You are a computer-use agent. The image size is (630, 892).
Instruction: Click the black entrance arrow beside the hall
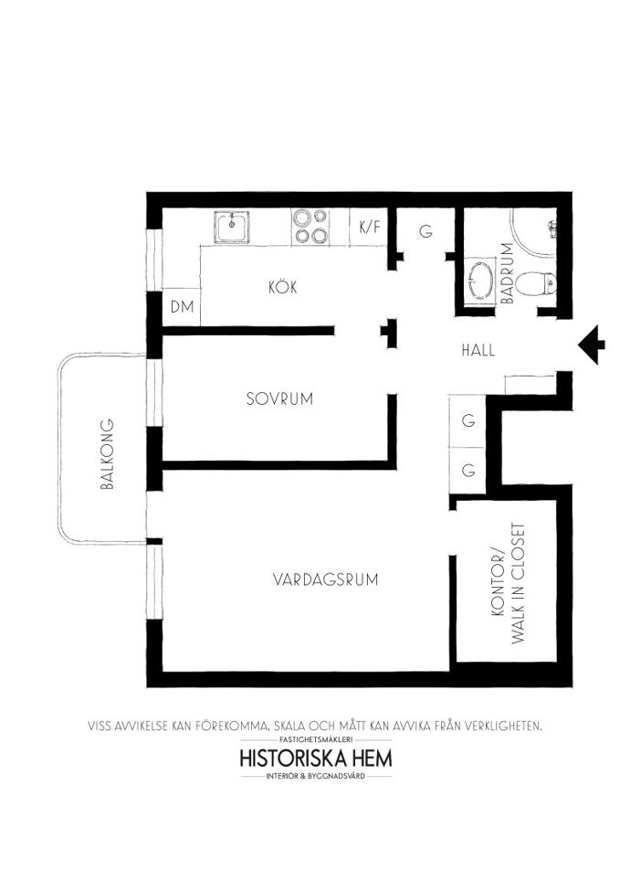click(591, 345)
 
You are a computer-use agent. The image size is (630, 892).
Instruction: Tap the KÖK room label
click(283, 287)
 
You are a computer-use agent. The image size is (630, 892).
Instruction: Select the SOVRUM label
click(279, 398)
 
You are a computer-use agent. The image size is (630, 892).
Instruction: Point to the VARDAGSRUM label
click(326, 579)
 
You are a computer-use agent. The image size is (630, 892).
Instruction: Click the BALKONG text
click(107, 454)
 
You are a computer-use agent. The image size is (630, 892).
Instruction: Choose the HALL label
click(478, 350)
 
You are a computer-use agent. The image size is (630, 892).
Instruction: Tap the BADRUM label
click(508, 273)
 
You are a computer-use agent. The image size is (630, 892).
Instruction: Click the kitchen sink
click(232, 227)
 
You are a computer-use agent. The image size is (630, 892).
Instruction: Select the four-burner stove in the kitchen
click(310, 226)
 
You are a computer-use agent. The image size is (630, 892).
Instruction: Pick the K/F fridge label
click(369, 227)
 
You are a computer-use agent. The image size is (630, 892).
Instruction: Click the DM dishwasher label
click(183, 307)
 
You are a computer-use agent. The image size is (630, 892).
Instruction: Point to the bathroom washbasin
click(480, 280)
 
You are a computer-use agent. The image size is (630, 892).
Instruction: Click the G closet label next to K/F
click(425, 231)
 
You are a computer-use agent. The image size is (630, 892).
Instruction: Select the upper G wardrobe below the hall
click(468, 421)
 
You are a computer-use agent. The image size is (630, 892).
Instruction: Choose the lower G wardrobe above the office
click(468, 471)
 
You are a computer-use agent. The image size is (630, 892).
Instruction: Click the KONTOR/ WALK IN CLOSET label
click(509, 584)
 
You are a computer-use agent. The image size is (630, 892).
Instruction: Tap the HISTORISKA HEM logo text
click(316, 759)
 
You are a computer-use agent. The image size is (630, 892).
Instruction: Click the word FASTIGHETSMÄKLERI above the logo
click(317, 739)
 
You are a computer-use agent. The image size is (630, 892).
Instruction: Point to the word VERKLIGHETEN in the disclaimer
click(504, 726)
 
